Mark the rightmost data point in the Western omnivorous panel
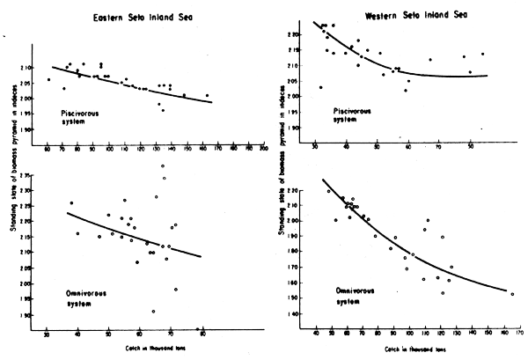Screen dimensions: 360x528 coord(511,293)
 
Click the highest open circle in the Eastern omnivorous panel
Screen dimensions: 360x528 coord(163,166)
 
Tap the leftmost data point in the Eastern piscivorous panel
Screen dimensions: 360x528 coord(48,79)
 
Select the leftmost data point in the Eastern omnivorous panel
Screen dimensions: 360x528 coord(71,203)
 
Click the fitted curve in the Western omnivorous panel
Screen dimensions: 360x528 coord(414,256)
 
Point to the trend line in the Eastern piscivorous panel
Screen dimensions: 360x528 coord(158,91)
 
